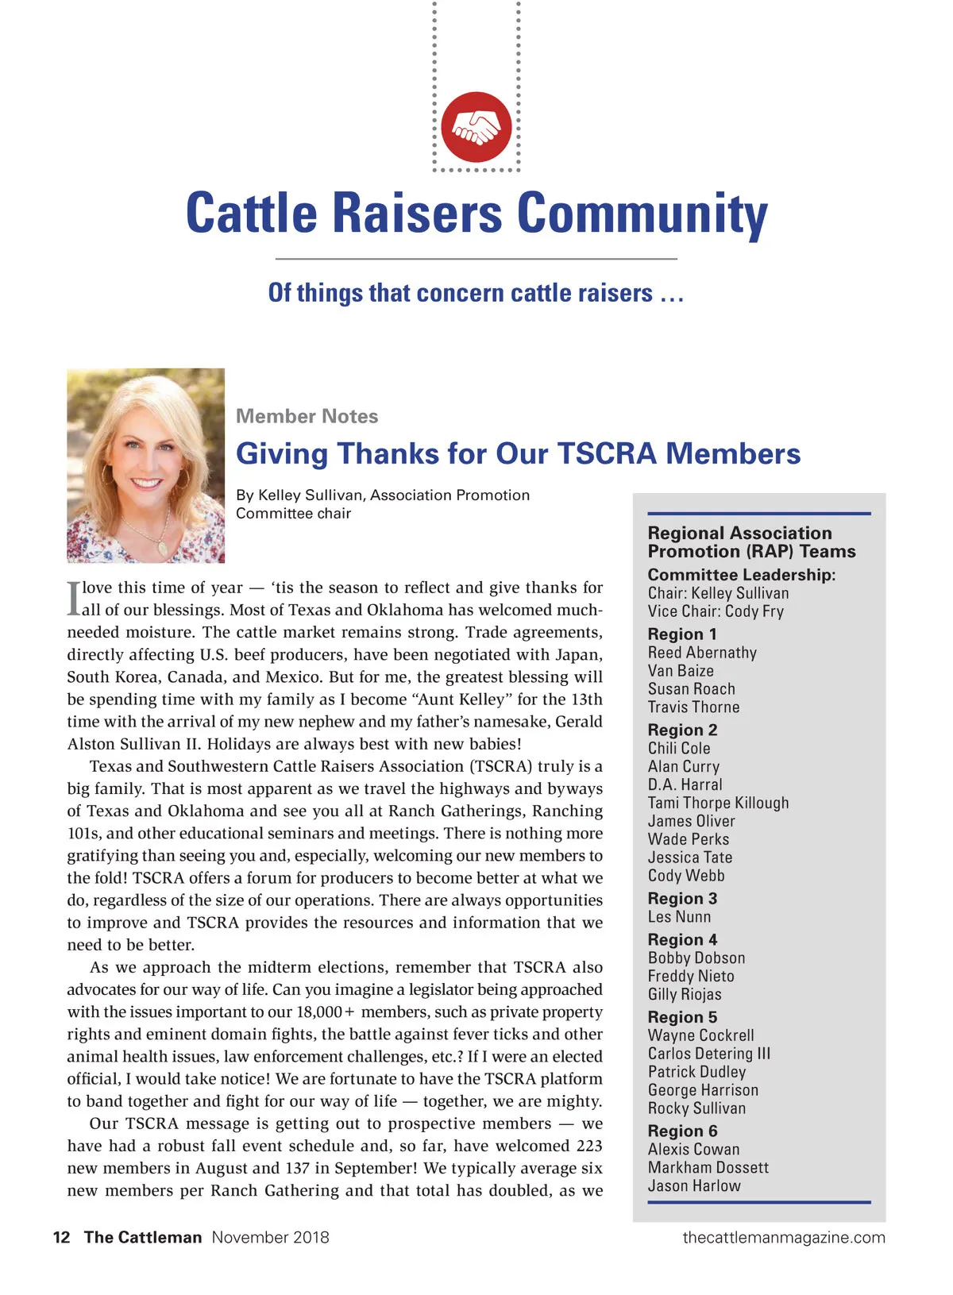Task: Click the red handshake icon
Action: [476, 127]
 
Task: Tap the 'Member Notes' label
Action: [307, 416]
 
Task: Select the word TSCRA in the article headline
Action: [607, 453]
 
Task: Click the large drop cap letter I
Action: [73, 599]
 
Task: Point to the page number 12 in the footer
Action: [61, 1237]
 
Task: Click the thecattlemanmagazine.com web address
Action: [783, 1237]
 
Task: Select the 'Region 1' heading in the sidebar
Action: [682, 634]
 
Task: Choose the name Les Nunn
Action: [679, 916]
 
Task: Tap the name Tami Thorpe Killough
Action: [718, 803]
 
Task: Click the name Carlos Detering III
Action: [708, 1054]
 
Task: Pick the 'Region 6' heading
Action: [682, 1131]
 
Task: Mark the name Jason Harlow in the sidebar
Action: [694, 1185]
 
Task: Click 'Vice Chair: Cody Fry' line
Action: [716, 611]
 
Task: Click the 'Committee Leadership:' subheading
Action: [741, 574]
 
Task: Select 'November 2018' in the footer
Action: [270, 1237]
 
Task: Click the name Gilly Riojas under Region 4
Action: [685, 994]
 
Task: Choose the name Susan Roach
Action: [691, 688]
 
